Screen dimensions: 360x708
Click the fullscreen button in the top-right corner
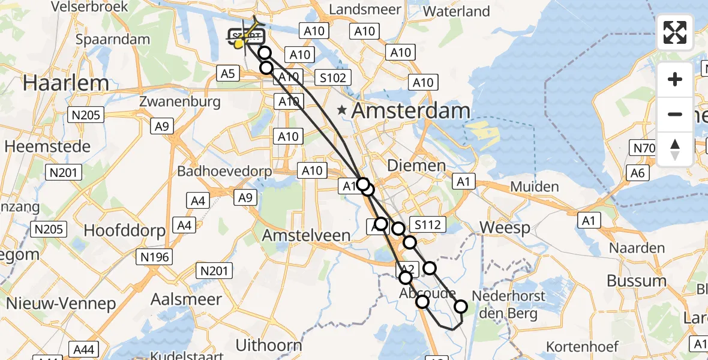675,32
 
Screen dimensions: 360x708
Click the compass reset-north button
675,149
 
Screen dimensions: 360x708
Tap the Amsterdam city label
410,111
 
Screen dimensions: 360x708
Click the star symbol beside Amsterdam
342,110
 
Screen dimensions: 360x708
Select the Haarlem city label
66,83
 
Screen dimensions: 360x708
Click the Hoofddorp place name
120,230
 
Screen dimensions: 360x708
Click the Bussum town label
637,281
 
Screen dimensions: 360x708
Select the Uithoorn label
269,345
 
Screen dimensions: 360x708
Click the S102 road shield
331,78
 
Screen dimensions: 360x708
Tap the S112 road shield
428,225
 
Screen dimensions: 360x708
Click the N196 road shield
155,257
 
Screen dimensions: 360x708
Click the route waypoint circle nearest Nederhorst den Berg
461,307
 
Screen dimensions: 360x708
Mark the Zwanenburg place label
180,101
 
